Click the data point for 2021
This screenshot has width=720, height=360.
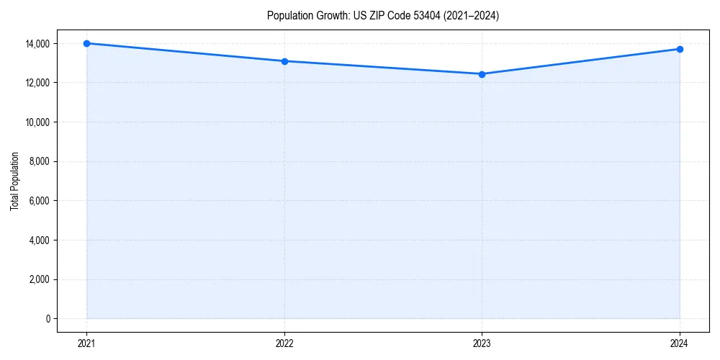point(86,43)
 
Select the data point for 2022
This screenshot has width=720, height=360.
point(284,61)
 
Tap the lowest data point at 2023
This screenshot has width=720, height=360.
point(482,74)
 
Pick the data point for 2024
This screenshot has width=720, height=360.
point(680,49)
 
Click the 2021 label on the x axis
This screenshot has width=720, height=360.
point(86,343)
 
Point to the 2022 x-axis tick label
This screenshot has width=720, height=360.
point(284,343)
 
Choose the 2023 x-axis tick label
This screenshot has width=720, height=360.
point(482,343)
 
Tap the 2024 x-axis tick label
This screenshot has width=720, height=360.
point(680,343)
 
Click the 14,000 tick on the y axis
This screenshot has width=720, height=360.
point(37,44)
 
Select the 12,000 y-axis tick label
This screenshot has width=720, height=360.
point(37,83)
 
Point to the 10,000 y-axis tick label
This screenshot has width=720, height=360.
point(37,122)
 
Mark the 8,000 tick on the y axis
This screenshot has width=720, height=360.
point(39,161)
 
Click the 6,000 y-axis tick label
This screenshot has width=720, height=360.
point(39,201)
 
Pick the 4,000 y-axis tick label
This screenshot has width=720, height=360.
point(39,240)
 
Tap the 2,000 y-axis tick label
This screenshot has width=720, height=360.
point(39,279)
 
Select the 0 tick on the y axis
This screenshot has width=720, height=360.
point(48,319)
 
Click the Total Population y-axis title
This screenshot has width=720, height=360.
point(14,181)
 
